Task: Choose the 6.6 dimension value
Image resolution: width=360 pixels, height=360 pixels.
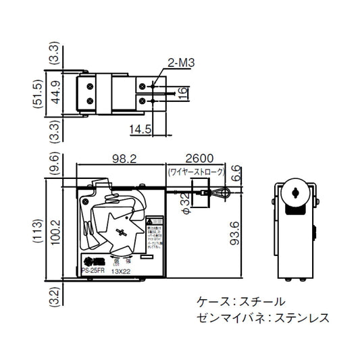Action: click(x=234, y=173)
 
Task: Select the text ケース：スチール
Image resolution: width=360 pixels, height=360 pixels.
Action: click(x=240, y=301)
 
